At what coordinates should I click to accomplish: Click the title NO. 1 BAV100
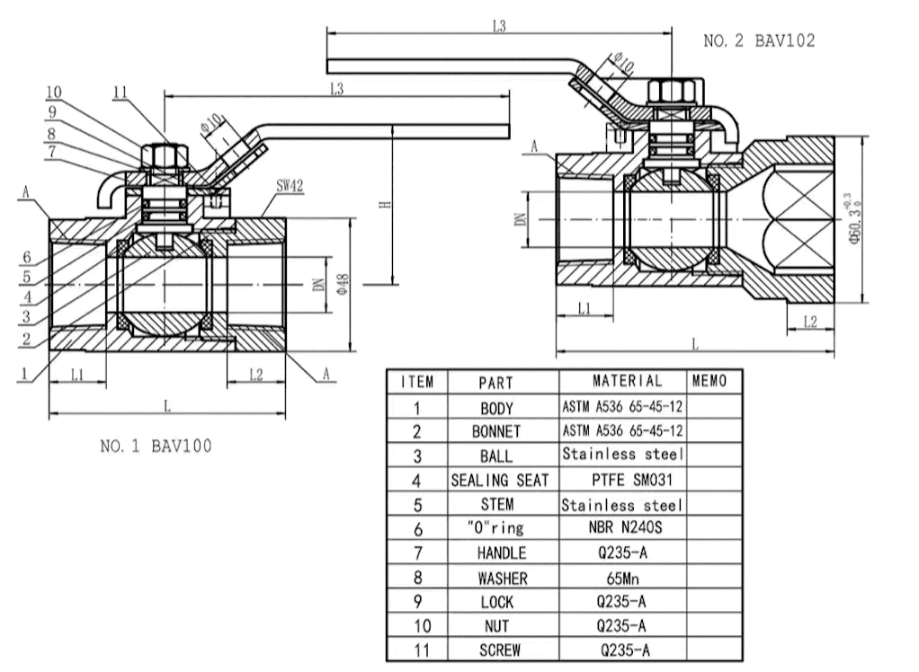[x=156, y=446]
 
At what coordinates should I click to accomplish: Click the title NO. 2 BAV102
[x=760, y=41]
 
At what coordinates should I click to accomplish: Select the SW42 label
[x=289, y=185]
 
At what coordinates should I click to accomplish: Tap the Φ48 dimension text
[x=341, y=283]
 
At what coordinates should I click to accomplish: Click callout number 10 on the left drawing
[x=54, y=92]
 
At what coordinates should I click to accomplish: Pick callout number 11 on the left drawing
[x=121, y=91]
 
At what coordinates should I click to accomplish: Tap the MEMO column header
[x=709, y=381]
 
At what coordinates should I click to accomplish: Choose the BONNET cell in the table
[x=496, y=431]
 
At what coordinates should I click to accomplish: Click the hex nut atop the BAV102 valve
[x=670, y=93]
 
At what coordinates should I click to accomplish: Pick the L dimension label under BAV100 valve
[x=167, y=404]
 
